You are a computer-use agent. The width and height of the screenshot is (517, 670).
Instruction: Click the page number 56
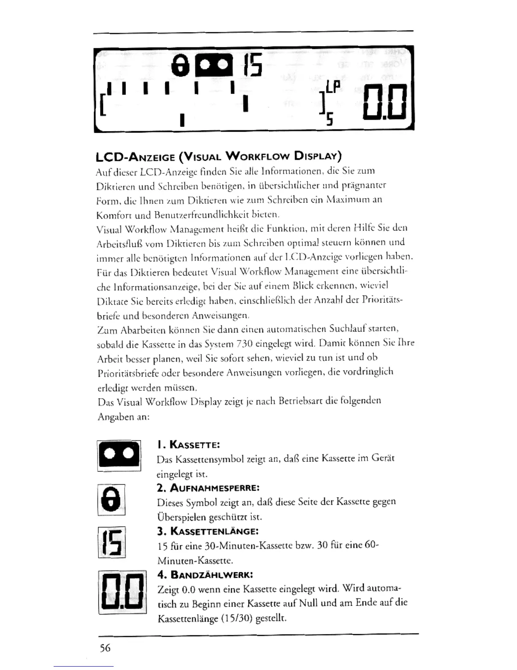[105, 648]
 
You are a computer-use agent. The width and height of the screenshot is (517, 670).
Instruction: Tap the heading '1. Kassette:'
[188, 445]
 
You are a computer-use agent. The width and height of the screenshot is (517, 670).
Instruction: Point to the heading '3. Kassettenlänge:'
[207, 531]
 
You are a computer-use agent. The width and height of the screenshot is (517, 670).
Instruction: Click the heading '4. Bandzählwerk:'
[205, 574]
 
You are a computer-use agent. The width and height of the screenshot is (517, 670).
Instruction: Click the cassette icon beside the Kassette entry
[119, 456]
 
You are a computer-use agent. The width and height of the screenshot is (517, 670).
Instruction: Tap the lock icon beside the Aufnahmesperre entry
[112, 499]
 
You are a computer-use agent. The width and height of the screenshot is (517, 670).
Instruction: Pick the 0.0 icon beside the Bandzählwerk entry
[122, 592]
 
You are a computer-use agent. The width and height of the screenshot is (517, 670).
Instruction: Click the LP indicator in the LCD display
[333, 87]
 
